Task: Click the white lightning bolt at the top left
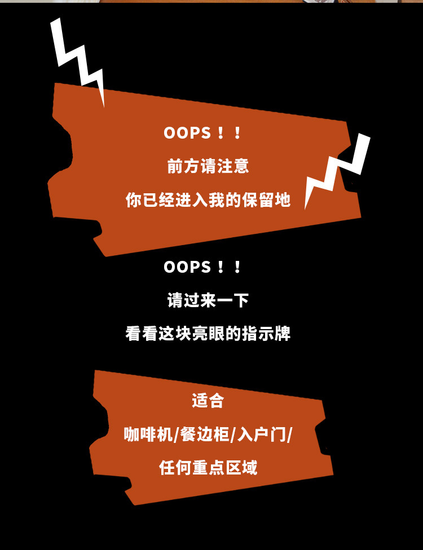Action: (x=78, y=59)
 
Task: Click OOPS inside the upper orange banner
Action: (x=187, y=133)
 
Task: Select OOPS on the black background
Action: (x=187, y=267)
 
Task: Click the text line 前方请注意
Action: (x=208, y=166)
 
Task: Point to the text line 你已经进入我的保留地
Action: (x=208, y=199)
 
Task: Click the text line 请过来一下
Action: (x=208, y=300)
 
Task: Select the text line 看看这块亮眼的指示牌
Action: (x=208, y=334)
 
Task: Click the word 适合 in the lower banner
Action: (x=208, y=401)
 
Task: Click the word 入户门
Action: (x=263, y=434)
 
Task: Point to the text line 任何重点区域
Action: (x=208, y=468)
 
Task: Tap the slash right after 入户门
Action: (x=290, y=435)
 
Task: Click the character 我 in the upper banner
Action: (x=217, y=199)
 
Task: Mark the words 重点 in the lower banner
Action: (x=208, y=468)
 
